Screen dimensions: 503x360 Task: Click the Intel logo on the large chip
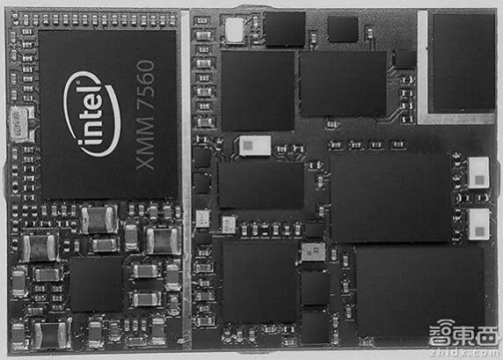(91, 114)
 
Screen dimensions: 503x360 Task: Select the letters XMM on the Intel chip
(146, 143)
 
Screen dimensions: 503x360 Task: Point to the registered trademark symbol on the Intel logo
(77, 82)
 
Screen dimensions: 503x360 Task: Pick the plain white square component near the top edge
(235, 30)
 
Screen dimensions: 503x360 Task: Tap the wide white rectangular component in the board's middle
(255, 146)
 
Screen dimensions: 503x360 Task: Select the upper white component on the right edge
(478, 173)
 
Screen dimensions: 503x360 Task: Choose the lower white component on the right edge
(479, 224)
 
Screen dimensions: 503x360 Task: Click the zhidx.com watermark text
(465, 353)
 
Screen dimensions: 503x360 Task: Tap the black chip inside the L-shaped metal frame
(463, 62)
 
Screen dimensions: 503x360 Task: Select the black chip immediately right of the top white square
(285, 29)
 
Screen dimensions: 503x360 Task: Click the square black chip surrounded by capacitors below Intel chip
(96, 284)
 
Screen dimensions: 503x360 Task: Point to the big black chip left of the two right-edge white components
(390, 197)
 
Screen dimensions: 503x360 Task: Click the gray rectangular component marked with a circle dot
(313, 252)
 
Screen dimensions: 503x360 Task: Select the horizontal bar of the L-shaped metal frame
(456, 119)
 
